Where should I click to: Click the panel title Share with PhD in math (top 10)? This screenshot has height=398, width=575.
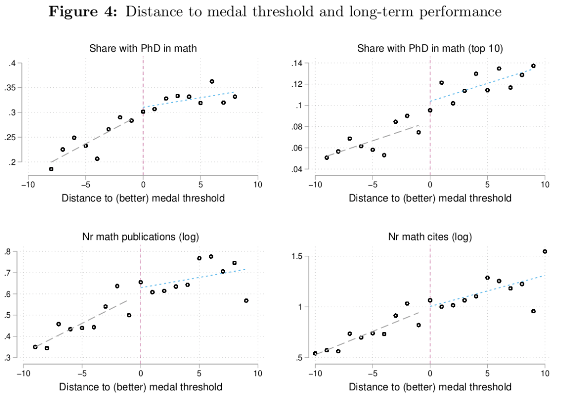pyautogui.click(x=430, y=49)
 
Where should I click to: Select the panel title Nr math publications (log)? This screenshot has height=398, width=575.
pyautogui.click(x=141, y=237)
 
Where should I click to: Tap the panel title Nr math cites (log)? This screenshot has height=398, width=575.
pyautogui.click(x=430, y=237)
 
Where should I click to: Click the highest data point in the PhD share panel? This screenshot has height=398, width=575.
pyautogui.click(x=212, y=81)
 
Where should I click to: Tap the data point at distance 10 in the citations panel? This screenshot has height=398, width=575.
pyautogui.click(x=545, y=252)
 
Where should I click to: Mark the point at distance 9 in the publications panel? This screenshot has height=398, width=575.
pyautogui.click(x=246, y=300)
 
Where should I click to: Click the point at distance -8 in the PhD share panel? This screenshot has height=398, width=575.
pyautogui.click(x=51, y=168)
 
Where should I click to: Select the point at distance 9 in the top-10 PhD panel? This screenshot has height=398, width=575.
pyautogui.click(x=533, y=66)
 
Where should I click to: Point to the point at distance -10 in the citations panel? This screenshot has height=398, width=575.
pyautogui.click(x=315, y=353)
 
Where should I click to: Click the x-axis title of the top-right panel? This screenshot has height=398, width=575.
pyautogui.click(x=430, y=198)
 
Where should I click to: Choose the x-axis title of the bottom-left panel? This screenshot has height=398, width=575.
pyautogui.click(x=141, y=386)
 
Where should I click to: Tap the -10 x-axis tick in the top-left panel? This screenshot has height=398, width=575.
pyautogui.click(x=28, y=184)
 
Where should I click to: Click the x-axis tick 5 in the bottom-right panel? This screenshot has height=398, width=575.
pyautogui.click(x=487, y=373)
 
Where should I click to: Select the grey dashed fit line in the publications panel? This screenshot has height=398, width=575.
pyautogui.click(x=82, y=323)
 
